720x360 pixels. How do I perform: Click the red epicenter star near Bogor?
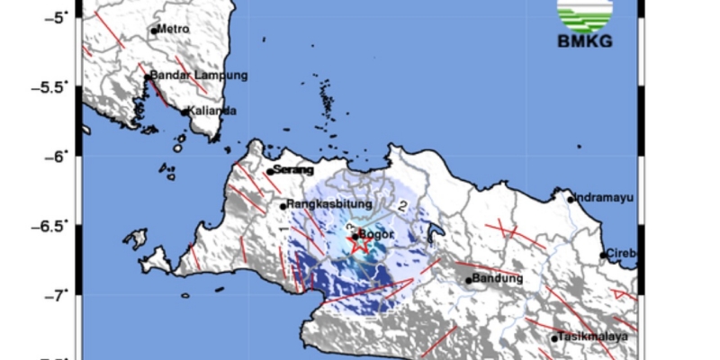(358, 241)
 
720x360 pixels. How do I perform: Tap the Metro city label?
(174, 29)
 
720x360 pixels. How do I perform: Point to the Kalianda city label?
(212, 111)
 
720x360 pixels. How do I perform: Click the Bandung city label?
(498, 278)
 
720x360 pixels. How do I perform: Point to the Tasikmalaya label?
(588, 337)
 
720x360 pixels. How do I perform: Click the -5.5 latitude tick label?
(55, 86)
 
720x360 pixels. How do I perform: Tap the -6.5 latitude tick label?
(55, 225)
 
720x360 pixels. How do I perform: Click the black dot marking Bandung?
(469, 280)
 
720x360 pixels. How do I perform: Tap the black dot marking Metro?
(154, 31)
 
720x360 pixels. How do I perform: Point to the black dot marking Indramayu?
(571, 200)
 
